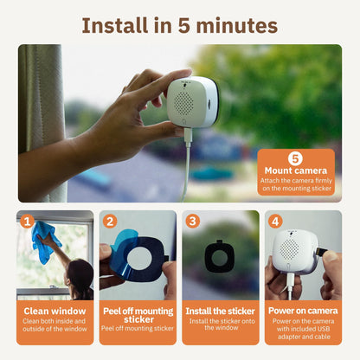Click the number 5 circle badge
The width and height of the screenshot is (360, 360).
295,158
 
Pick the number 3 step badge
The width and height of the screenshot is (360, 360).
193,222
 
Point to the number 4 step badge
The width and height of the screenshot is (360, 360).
275,222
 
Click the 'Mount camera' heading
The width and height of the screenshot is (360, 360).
295,170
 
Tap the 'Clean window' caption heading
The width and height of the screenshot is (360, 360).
55,311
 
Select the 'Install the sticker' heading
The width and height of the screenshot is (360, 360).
221,311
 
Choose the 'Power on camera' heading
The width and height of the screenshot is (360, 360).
303,311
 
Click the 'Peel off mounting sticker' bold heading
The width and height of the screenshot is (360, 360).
138,315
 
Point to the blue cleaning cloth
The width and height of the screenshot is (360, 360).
42,241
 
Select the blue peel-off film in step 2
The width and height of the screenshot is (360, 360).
120,259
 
